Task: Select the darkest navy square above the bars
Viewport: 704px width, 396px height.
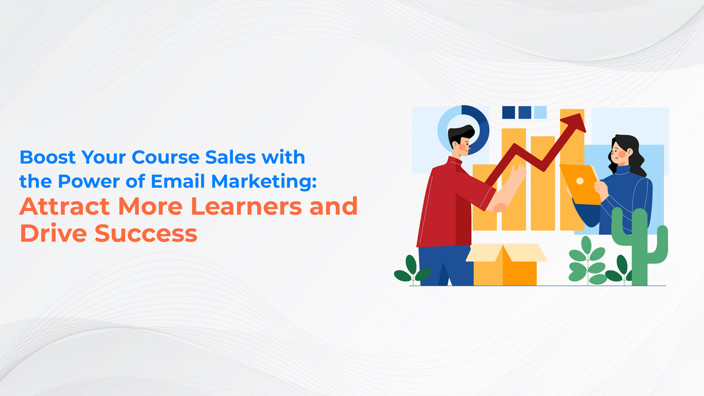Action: click(x=508, y=112)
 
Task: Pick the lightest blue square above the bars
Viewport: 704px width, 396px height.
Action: click(x=540, y=112)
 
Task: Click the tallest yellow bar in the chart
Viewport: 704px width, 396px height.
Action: click(x=571, y=176)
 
